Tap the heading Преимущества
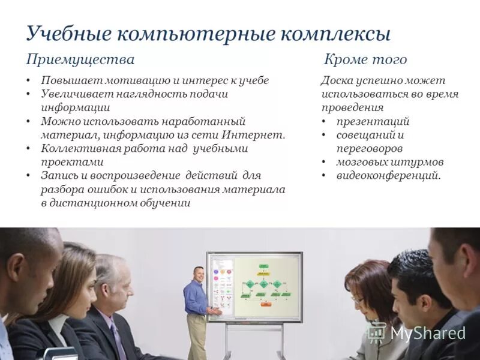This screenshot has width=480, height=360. click(x=80, y=59)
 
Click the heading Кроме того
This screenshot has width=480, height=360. click(x=365, y=59)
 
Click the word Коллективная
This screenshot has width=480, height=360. click(x=74, y=148)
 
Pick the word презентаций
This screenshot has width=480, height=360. click(x=373, y=121)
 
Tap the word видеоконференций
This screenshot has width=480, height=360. click(x=388, y=175)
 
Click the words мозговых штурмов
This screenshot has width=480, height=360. click(x=390, y=162)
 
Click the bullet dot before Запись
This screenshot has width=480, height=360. click(x=29, y=175)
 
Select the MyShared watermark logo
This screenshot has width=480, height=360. click(x=418, y=333)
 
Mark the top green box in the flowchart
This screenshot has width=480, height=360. click(x=263, y=266)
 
